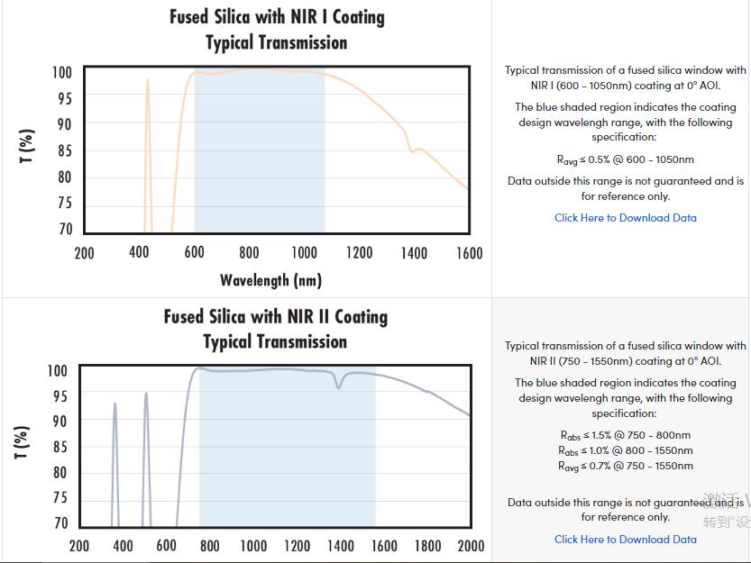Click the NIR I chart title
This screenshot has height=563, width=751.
276,30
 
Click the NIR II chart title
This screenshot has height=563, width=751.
275,329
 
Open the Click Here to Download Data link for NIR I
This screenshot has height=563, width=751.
625,218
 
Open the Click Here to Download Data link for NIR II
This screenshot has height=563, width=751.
625,540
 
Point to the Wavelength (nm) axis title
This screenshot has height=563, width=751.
270,280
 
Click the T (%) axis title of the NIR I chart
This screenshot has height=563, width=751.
28,147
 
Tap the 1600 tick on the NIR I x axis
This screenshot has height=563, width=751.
469,253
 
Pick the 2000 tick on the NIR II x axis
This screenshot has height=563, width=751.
470,546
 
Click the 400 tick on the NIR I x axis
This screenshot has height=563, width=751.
139,253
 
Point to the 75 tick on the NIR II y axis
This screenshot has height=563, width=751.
60,498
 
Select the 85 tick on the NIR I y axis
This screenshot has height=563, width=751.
64,151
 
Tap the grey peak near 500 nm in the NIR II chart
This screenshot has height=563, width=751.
145,395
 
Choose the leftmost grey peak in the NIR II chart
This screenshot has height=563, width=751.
114,405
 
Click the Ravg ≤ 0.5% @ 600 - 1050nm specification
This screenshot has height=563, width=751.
625,160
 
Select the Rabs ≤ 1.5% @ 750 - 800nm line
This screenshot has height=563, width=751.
625,435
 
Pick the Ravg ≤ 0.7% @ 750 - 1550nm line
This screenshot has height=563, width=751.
625,466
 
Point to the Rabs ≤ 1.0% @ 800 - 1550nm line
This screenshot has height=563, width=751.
625,450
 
